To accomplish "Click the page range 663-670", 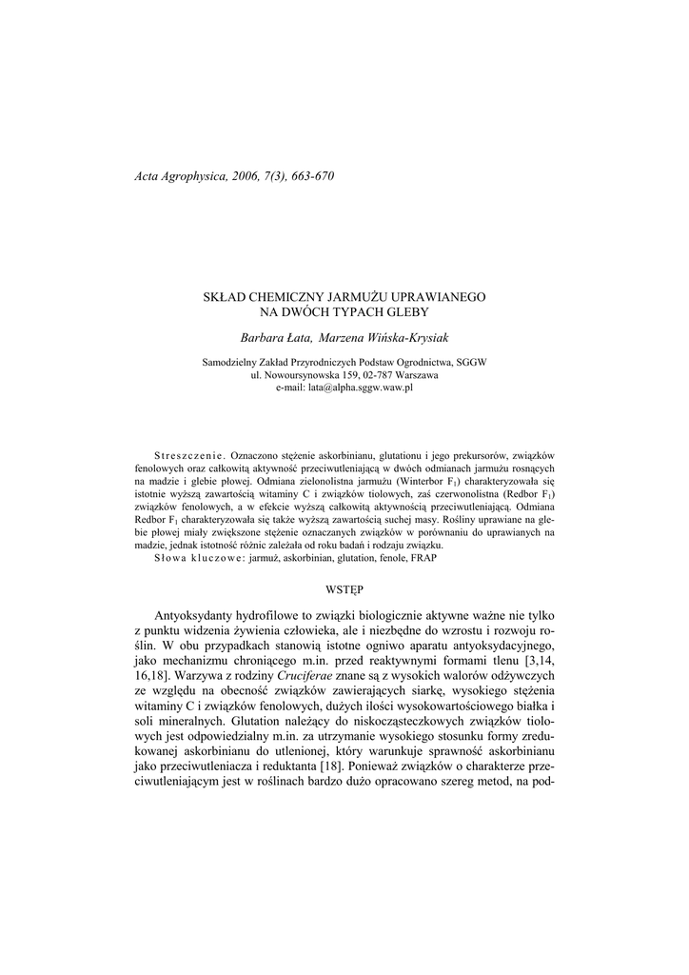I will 307,176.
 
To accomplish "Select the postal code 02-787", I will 362,375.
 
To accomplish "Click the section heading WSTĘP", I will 344,590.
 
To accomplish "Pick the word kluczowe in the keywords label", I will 219,557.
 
